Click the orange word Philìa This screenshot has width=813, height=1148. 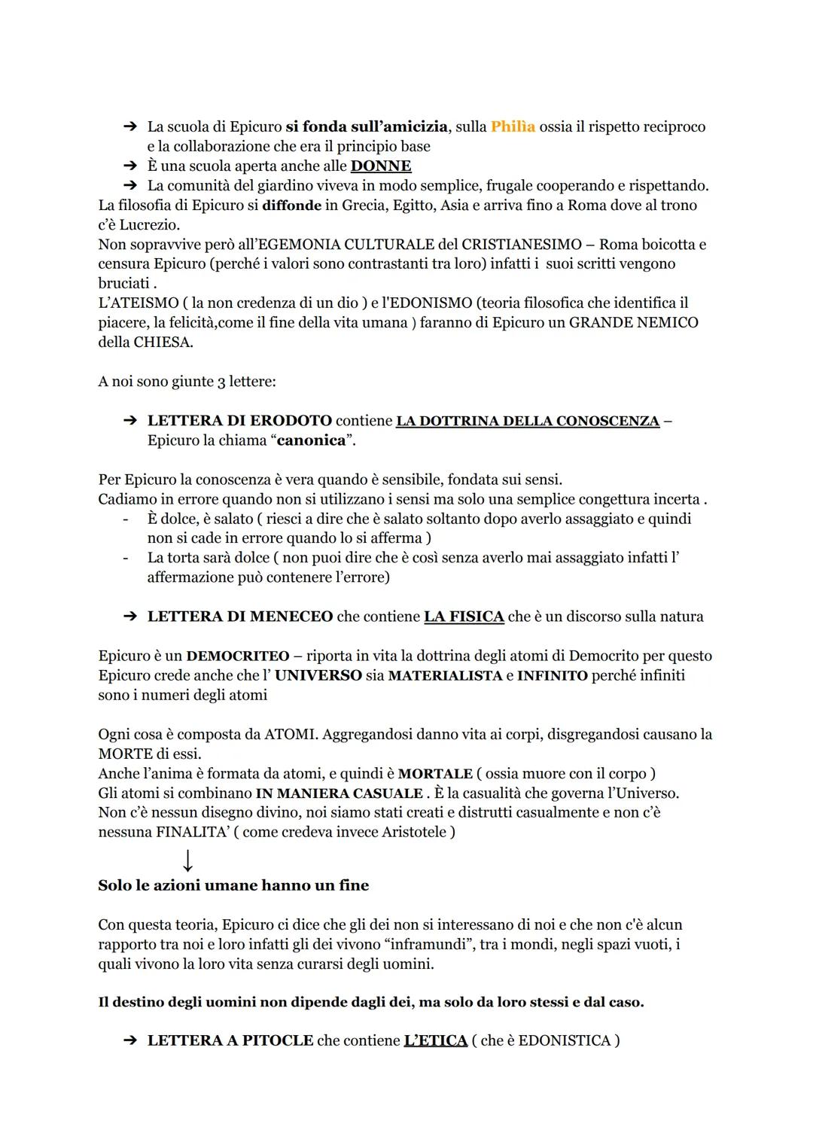(x=513, y=126)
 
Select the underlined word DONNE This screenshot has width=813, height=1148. (x=381, y=166)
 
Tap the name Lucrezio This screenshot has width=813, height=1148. (x=149, y=224)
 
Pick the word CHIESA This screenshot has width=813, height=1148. (x=163, y=342)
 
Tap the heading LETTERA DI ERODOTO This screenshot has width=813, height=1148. (x=239, y=420)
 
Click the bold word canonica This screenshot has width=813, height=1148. (x=311, y=440)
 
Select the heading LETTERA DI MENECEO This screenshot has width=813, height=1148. (x=239, y=617)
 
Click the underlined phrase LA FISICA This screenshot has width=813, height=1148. (x=464, y=617)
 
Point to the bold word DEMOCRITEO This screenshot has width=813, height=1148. (x=238, y=656)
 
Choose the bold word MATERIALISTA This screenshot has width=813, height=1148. (x=445, y=675)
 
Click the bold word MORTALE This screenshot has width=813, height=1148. (x=435, y=773)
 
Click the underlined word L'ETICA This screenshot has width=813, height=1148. (x=435, y=1040)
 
